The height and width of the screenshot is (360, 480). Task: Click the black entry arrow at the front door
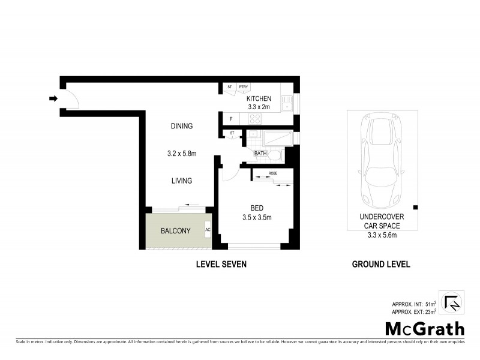[53, 99]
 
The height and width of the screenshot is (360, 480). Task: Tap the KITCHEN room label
[259, 99]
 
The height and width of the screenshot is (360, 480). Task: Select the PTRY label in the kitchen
[244, 88]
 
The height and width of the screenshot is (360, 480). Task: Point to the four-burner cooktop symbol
[254, 119]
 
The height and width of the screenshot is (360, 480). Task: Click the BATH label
[260, 154]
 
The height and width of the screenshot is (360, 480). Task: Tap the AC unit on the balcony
[208, 230]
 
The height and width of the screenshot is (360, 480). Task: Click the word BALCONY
[176, 231]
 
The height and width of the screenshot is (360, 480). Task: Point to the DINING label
[181, 126]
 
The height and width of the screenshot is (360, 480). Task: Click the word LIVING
[181, 181]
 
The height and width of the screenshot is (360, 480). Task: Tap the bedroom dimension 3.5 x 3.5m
[256, 217]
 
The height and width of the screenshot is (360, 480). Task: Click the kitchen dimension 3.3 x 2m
[259, 107]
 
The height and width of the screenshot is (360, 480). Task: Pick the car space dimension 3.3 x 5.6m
[381, 235]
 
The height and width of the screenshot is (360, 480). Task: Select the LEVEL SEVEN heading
[221, 264]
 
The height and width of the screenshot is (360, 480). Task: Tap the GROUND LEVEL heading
[381, 264]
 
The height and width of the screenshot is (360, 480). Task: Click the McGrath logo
[424, 328]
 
